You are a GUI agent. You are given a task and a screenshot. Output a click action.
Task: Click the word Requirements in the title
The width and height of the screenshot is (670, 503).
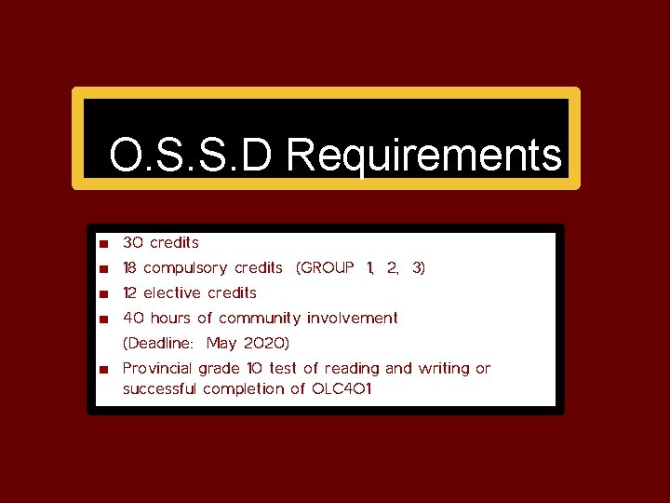tap(424, 156)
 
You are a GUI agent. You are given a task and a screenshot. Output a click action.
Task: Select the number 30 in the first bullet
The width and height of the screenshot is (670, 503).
tap(133, 242)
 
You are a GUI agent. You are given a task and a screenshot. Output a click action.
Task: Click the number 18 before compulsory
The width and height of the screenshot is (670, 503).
tap(131, 267)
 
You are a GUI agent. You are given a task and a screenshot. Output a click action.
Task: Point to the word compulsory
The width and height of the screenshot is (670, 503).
tap(185, 268)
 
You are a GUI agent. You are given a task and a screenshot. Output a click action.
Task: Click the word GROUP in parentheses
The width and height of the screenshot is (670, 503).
tap(325, 267)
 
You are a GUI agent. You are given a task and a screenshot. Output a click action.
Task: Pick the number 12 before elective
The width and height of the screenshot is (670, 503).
tap(131, 292)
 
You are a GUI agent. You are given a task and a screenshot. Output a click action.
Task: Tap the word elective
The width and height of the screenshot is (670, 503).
tap(172, 292)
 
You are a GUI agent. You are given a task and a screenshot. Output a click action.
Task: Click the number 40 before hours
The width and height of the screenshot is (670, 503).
tap(133, 318)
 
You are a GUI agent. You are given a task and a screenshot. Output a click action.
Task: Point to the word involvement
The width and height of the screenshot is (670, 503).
tap(353, 318)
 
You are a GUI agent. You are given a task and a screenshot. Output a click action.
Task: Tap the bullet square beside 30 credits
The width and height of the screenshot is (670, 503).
tap(105, 243)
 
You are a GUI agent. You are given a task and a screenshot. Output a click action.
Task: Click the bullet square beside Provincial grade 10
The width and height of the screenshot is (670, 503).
tap(105, 369)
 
